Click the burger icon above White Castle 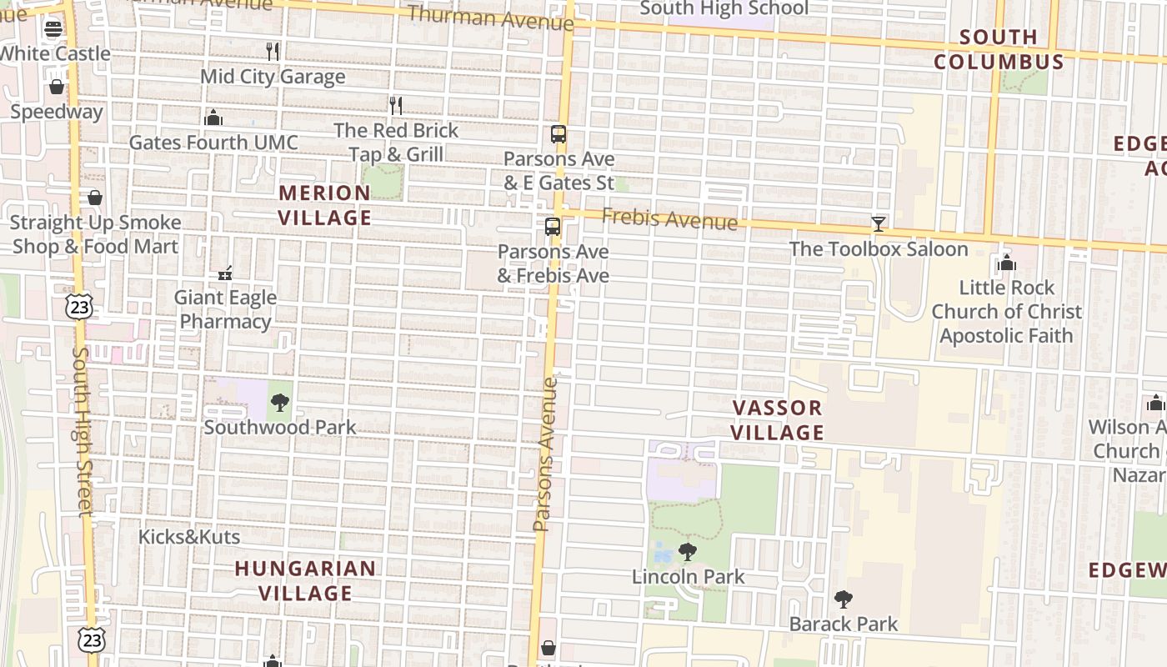[x=53, y=29]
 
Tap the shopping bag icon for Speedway [x=57, y=87]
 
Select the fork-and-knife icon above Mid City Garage [x=273, y=51]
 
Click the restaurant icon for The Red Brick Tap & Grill [x=396, y=105]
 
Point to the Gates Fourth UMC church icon [x=213, y=118]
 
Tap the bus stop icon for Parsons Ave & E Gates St [x=558, y=134]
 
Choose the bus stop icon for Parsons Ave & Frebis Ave [x=553, y=227]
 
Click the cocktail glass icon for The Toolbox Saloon [x=879, y=223]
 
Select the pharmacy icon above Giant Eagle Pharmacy [x=225, y=273]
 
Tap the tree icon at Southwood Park [x=280, y=403]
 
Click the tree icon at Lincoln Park [x=688, y=551]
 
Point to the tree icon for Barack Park [x=844, y=599]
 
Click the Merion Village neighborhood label [x=324, y=205]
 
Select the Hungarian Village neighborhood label [x=305, y=580]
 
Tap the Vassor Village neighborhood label [x=778, y=419]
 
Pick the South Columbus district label [x=999, y=49]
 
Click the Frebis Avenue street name [x=669, y=219]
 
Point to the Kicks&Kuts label [x=189, y=536]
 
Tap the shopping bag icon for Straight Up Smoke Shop [x=95, y=198]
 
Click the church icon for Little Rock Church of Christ [x=1007, y=263]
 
